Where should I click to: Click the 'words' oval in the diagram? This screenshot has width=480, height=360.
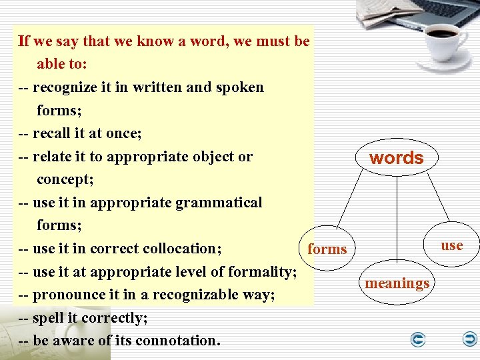point(396,158)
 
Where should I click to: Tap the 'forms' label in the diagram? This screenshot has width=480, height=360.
point(327,249)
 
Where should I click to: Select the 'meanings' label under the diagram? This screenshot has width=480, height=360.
point(397,283)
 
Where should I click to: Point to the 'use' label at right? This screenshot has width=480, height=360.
point(451,245)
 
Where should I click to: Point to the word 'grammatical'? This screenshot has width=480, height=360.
point(219,203)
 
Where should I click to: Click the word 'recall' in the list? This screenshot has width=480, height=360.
point(51,133)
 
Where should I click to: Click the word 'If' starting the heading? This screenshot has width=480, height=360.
point(24,41)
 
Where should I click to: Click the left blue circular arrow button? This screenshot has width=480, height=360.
point(418,340)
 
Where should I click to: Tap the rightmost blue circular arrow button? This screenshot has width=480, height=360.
point(470,340)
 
